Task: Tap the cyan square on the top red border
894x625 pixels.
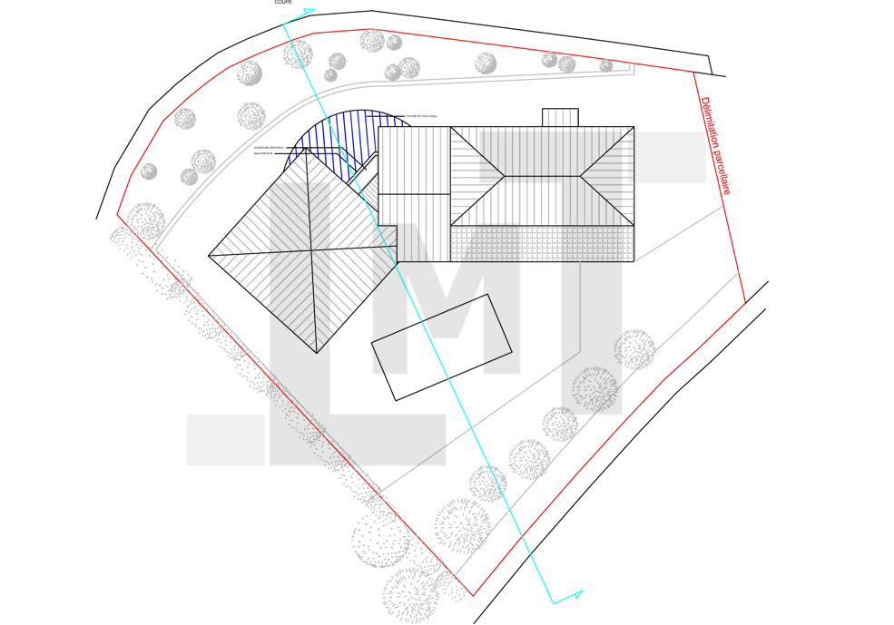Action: point(287,33)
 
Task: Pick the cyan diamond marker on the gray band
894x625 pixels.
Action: point(308,82)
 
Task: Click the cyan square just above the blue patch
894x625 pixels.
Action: point(321,109)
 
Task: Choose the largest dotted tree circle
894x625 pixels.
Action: point(595,388)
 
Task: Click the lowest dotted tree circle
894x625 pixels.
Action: point(528,454)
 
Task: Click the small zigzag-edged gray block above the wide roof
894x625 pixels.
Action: point(562,117)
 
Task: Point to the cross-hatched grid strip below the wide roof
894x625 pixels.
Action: point(542,243)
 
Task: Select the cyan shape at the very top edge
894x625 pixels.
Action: point(301,11)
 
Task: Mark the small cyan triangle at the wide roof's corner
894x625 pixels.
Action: point(359,184)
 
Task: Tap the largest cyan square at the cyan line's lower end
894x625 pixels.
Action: point(516,522)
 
